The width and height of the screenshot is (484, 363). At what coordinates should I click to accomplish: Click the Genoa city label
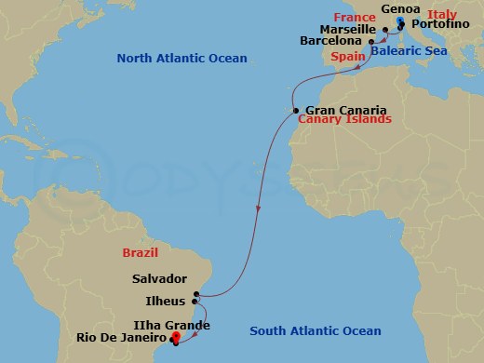(401, 9)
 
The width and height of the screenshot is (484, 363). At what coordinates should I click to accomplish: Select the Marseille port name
(347, 29)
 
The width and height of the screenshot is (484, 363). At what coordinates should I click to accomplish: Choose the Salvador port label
(159, 277)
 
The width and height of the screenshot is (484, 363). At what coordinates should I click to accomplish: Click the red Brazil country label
(139, 252)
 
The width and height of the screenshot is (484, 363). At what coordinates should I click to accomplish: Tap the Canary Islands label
(344, 121)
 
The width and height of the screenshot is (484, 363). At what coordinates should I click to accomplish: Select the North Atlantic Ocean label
(181, 59)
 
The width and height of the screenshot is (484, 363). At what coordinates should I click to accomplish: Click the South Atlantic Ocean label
(316, 331)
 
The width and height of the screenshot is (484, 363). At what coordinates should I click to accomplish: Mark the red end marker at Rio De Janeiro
(174, 337)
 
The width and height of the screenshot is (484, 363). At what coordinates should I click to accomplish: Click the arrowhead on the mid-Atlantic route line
(258, 208)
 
